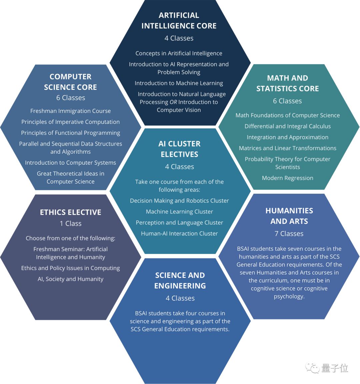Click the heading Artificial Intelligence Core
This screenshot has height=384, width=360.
point(179,20)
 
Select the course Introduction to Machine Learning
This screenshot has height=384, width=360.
point(179,83)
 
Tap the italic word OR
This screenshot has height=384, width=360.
point(173,102)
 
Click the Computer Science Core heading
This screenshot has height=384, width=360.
point(70,82)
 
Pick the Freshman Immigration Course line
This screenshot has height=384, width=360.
point(70,111)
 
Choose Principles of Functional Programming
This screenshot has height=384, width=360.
point(70,133)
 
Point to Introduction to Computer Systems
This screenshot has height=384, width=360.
point(70,163)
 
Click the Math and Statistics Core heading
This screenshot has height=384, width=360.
point(287,83)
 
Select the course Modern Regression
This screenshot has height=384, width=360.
point(287,178)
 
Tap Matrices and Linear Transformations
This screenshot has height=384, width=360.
point(287,148)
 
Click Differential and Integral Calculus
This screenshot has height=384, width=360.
point(287,126)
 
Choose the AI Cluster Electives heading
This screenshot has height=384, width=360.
point(179,149)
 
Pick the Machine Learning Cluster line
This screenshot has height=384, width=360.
point(179,212)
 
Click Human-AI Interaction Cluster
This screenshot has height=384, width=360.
point(179,234)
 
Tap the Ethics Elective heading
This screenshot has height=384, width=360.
point(70,212)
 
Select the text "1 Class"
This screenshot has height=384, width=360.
point(70,224)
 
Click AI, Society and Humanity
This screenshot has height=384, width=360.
point(70,279)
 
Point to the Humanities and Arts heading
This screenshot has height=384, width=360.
point(289,216)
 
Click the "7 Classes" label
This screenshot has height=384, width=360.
point(289,234)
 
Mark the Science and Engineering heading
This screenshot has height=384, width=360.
point(180,280)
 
